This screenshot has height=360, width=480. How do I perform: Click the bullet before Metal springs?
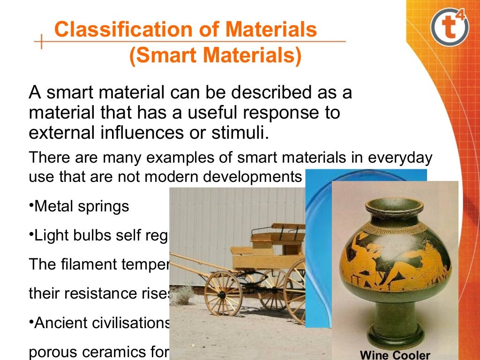click(31, 206)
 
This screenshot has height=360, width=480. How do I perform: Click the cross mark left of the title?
click(42, 42)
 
